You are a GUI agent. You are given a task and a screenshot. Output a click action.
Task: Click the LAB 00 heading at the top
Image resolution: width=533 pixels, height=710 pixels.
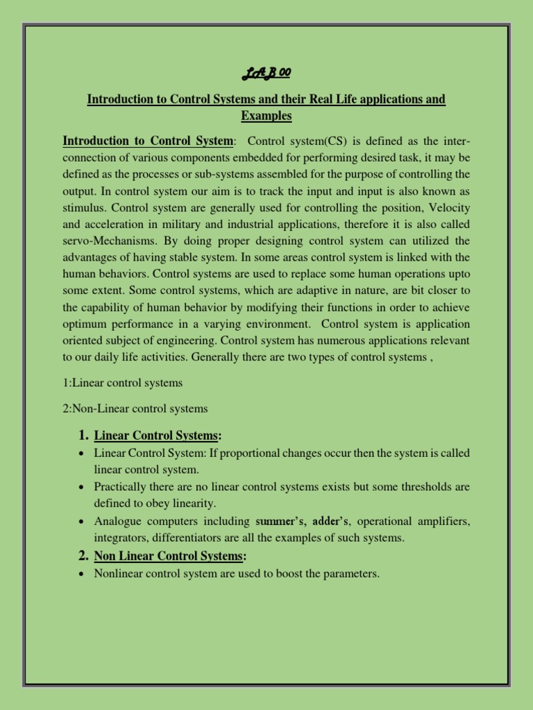266,74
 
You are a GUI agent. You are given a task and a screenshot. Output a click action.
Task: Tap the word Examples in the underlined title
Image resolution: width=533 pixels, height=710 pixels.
266,116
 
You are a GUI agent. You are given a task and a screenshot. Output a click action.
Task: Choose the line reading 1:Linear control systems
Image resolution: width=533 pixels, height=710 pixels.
123,383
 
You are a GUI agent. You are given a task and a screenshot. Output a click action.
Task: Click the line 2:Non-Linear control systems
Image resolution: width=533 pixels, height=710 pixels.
135,409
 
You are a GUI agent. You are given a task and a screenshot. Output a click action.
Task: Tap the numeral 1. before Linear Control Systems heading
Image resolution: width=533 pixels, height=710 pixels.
83,435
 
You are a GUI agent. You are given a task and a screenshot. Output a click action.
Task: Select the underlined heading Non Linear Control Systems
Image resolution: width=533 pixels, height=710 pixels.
169,556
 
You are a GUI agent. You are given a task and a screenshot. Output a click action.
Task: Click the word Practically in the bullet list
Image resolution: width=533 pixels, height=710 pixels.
121,487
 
